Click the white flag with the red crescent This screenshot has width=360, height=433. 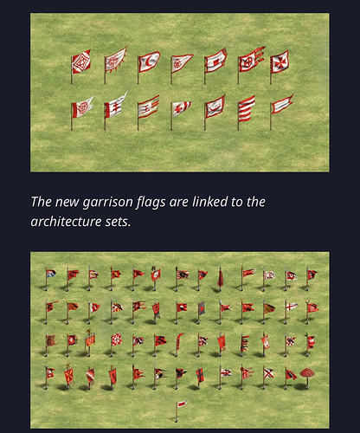[149, 62]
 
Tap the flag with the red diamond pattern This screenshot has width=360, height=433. [81, 61]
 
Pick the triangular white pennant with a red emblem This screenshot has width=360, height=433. [182, 62]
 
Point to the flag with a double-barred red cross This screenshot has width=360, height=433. [115, 107]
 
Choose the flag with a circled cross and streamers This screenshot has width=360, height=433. [250, 61]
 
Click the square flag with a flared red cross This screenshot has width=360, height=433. [280, 61]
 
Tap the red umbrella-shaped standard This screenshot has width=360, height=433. [307, 374]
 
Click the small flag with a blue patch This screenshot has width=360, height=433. [50, 274]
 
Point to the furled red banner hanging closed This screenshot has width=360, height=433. [221, 277]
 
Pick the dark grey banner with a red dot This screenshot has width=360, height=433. [202, 309]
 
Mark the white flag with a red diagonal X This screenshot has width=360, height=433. [268, 374]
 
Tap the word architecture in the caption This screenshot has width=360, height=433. [66, 222]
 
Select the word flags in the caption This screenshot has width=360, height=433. [151, 202]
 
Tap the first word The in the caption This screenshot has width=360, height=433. [42, 202]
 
